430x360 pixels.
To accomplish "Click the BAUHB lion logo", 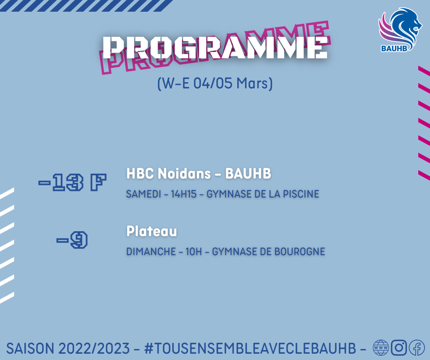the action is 400,30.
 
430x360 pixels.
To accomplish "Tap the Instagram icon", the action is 399,348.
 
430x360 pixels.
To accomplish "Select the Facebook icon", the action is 417,348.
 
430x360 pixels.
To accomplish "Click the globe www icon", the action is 381,348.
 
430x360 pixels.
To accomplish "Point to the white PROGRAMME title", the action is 215,47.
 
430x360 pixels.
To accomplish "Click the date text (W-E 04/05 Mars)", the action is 215,83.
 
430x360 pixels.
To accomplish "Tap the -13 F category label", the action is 72,182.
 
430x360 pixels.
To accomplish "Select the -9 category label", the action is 72,240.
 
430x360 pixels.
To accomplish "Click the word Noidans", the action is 184,173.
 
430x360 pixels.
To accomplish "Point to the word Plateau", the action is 152,231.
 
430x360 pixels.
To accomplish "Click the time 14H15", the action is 184,194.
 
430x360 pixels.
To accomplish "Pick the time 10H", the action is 194,251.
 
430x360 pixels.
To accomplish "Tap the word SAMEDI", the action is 144,194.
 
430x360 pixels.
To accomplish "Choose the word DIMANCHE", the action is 151,251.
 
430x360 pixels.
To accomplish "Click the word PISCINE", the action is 301,194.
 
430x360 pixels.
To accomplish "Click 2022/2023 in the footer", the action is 94,348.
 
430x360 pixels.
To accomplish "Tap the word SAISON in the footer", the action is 30,348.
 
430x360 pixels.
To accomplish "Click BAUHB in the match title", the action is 248,173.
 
